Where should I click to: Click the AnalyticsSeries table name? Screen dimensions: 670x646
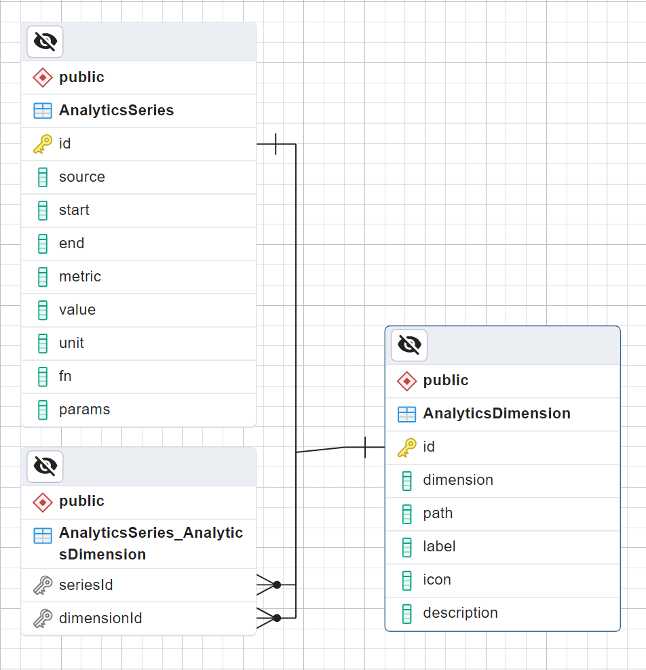click(116, 111)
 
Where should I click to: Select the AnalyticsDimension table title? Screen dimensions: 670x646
click(496, 414)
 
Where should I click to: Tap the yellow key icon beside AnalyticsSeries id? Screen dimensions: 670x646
click(43, 144)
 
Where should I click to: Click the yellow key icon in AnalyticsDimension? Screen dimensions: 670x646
click(406, 447)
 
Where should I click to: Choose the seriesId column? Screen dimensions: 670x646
click(85, 585)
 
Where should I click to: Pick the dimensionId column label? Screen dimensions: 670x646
click(100, 618)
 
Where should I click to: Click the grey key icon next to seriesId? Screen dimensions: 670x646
click(43, 585)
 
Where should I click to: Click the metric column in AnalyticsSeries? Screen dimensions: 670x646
click(80, 277)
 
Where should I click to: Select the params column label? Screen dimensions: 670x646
click(84, 410)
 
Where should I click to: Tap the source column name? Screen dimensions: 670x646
click(82, 177)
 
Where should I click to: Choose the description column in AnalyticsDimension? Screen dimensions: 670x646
click(460, 613)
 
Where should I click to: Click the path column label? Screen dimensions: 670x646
click(438, 513)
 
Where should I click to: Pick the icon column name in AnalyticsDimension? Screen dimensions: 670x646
click(437, 580)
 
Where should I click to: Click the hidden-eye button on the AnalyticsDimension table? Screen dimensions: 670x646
click(409, 345)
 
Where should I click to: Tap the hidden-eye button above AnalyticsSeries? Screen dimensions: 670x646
click(45, 42)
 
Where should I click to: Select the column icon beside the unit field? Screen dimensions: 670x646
click(43, 343)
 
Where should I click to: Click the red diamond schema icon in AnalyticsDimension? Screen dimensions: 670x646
click(406, 381)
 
